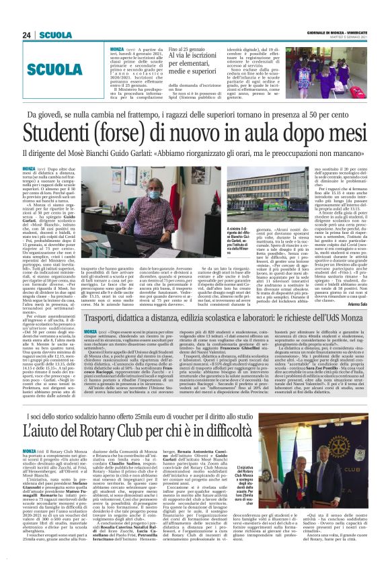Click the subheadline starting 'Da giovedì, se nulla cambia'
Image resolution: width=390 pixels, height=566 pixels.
click(195, 116)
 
